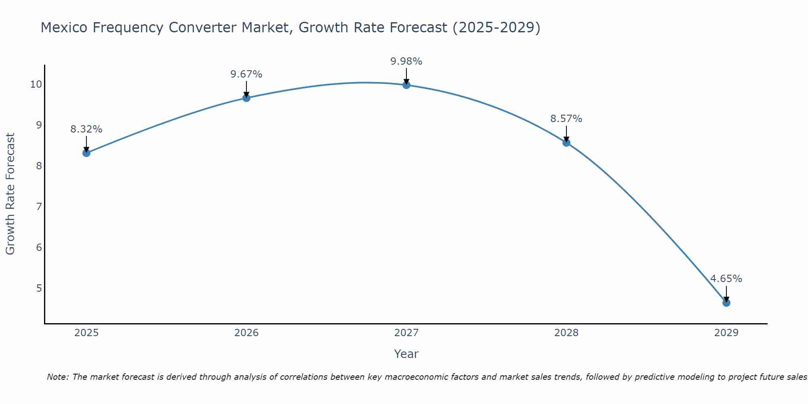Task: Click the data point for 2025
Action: point(86,153)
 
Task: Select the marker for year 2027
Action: point(406,85)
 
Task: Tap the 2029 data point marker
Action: point(726,303)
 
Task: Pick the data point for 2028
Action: point(566,143)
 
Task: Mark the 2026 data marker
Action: point(246,98)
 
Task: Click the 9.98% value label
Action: point(406,61)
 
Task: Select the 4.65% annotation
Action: point(726,279)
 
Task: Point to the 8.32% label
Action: point(86,129)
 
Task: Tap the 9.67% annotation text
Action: point(246,74)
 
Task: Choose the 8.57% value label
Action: point(566,119)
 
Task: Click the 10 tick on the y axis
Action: point(36,84)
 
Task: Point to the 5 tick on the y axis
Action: point(39,288)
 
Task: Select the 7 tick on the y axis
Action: point(39,206)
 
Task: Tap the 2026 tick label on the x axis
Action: point(246,333)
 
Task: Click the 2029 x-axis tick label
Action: point(726,333)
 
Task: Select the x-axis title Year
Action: point(406,354)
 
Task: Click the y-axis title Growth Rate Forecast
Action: point(10,194)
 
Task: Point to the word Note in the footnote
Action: point(58,377)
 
